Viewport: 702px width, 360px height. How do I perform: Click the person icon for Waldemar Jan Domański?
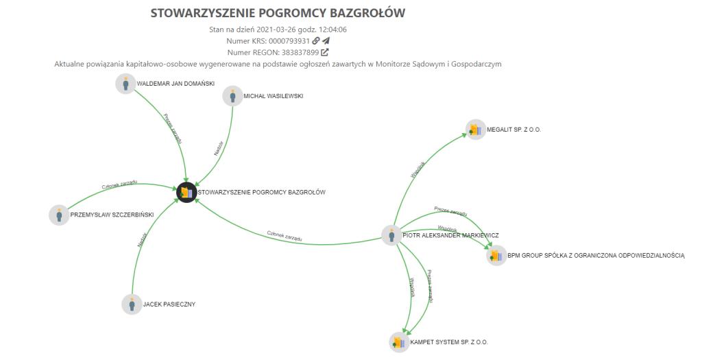coord(125,84)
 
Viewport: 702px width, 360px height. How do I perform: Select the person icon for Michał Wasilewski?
coord(233,96)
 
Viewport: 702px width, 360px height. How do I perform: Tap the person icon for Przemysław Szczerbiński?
coord(60,215)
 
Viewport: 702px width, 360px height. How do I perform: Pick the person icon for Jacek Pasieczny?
coord(132,304)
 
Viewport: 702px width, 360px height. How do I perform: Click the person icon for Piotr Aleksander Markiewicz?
coord(391,236)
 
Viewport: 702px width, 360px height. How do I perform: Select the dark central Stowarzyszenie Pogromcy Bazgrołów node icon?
coord(186,193)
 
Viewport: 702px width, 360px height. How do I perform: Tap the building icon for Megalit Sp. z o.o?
coord(475,129)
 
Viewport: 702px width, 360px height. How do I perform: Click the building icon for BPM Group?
coord(496,256)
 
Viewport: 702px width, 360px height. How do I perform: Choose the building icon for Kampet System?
coord(399,341)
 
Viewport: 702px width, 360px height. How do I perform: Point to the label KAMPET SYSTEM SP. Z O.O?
coord(449,341)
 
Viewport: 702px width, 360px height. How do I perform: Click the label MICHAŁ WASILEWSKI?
coord(273,96)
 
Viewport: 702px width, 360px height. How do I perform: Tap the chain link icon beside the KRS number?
coord(316,41)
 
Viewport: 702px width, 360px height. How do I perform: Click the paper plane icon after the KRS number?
coord(326,41)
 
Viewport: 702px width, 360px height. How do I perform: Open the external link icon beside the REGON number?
coord(325,52)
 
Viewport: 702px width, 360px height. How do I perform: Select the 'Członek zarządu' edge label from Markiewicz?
coord(285,237)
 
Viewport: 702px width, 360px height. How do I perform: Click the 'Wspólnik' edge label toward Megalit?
coord(418,169)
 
